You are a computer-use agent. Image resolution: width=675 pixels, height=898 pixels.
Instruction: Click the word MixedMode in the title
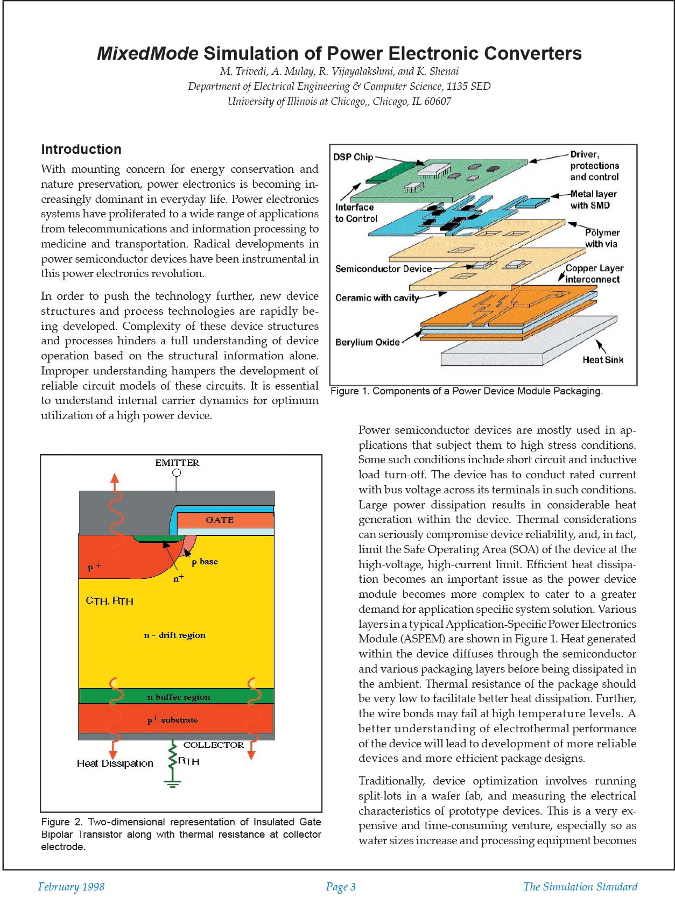(147, 53)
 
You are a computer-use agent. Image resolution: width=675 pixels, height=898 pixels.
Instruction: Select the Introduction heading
(81, 150)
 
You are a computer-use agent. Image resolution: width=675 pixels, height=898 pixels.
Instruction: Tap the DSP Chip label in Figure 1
(353, 157)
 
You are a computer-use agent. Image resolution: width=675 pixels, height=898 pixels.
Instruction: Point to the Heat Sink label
(603, 360)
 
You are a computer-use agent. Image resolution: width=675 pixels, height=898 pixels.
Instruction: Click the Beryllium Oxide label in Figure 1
(367, 342)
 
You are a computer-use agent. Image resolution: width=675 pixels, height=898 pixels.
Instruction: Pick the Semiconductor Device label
(383, 269)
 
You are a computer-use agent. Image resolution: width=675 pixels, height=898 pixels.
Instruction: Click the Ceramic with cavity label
(377, 298)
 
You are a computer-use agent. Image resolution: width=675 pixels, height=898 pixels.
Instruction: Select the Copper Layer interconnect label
(594, 273)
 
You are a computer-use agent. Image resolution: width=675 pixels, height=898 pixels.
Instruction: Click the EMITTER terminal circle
(177, 473)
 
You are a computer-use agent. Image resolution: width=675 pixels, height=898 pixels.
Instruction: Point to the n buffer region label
(179, 697)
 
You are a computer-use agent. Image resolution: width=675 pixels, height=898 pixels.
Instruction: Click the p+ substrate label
(173, 720)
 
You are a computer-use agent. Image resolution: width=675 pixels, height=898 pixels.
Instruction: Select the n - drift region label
(175, 635)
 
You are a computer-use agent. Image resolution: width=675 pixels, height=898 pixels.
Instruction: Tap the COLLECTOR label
(214, 745)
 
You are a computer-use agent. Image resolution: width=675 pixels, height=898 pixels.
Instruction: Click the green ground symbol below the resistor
(172, 783)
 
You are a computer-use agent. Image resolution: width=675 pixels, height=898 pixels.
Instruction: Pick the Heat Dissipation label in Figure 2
(115, 763)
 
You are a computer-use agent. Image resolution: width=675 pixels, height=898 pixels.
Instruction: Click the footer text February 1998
(71, 887)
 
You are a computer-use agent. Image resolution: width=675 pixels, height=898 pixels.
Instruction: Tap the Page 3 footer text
(341, 887)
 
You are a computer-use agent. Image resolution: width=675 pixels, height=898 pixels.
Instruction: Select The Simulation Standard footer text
(580, 887)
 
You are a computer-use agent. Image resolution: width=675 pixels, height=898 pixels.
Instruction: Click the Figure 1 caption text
(466, 391)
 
